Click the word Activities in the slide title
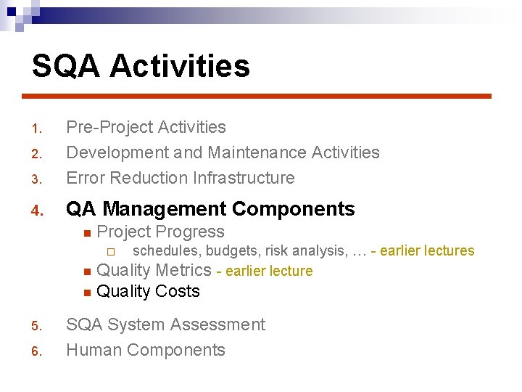pyautogui.click(x=180, y=66)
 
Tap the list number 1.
pyautogui.click(x=38, y=129)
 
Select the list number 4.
pyautogui.click(x=38, y=211)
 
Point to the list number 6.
pyautogui.click(x=38, y=352)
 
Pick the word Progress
pyautogui.click(x=193, y=232)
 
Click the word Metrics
pyautogui.click(x=183, y=271)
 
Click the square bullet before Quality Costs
pyautogui.click(x=86, y=293)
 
